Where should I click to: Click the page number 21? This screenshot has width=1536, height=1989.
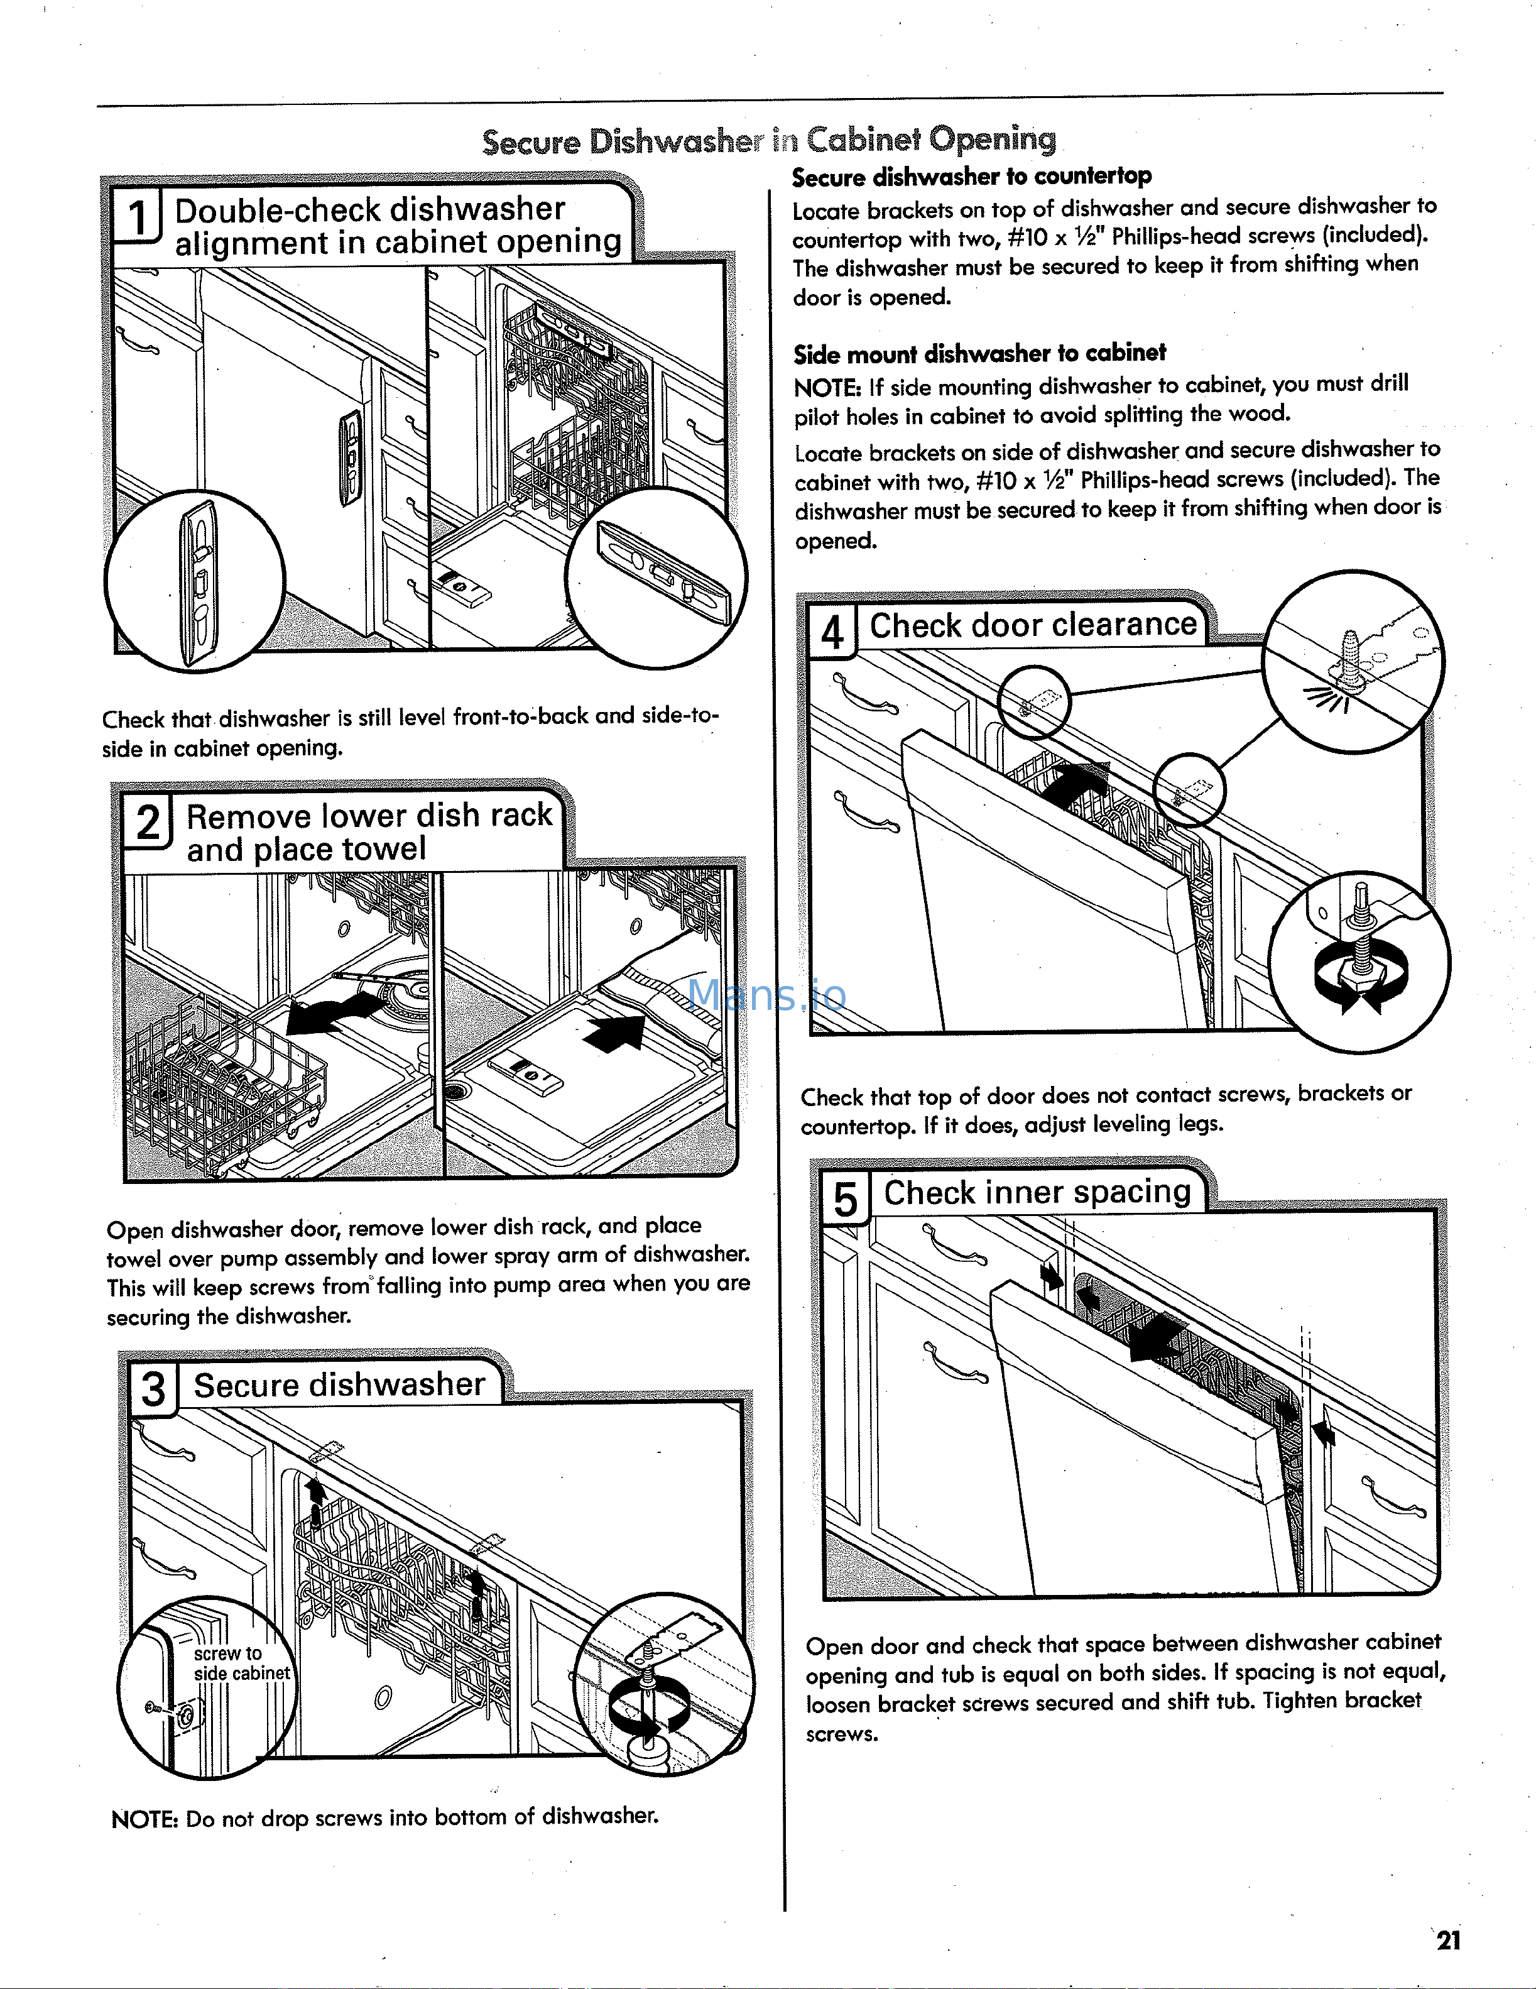1447,1940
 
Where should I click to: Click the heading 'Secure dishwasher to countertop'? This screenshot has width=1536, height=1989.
971,176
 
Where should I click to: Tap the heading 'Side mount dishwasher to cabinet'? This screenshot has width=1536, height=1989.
979,353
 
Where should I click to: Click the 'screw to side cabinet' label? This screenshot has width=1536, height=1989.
241,1663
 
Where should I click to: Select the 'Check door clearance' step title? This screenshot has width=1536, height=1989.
1033,625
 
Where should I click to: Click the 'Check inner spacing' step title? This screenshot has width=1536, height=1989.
1037,1192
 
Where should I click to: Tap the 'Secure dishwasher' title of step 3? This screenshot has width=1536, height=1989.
339,1385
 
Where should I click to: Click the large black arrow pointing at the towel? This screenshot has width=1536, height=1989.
614,1034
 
